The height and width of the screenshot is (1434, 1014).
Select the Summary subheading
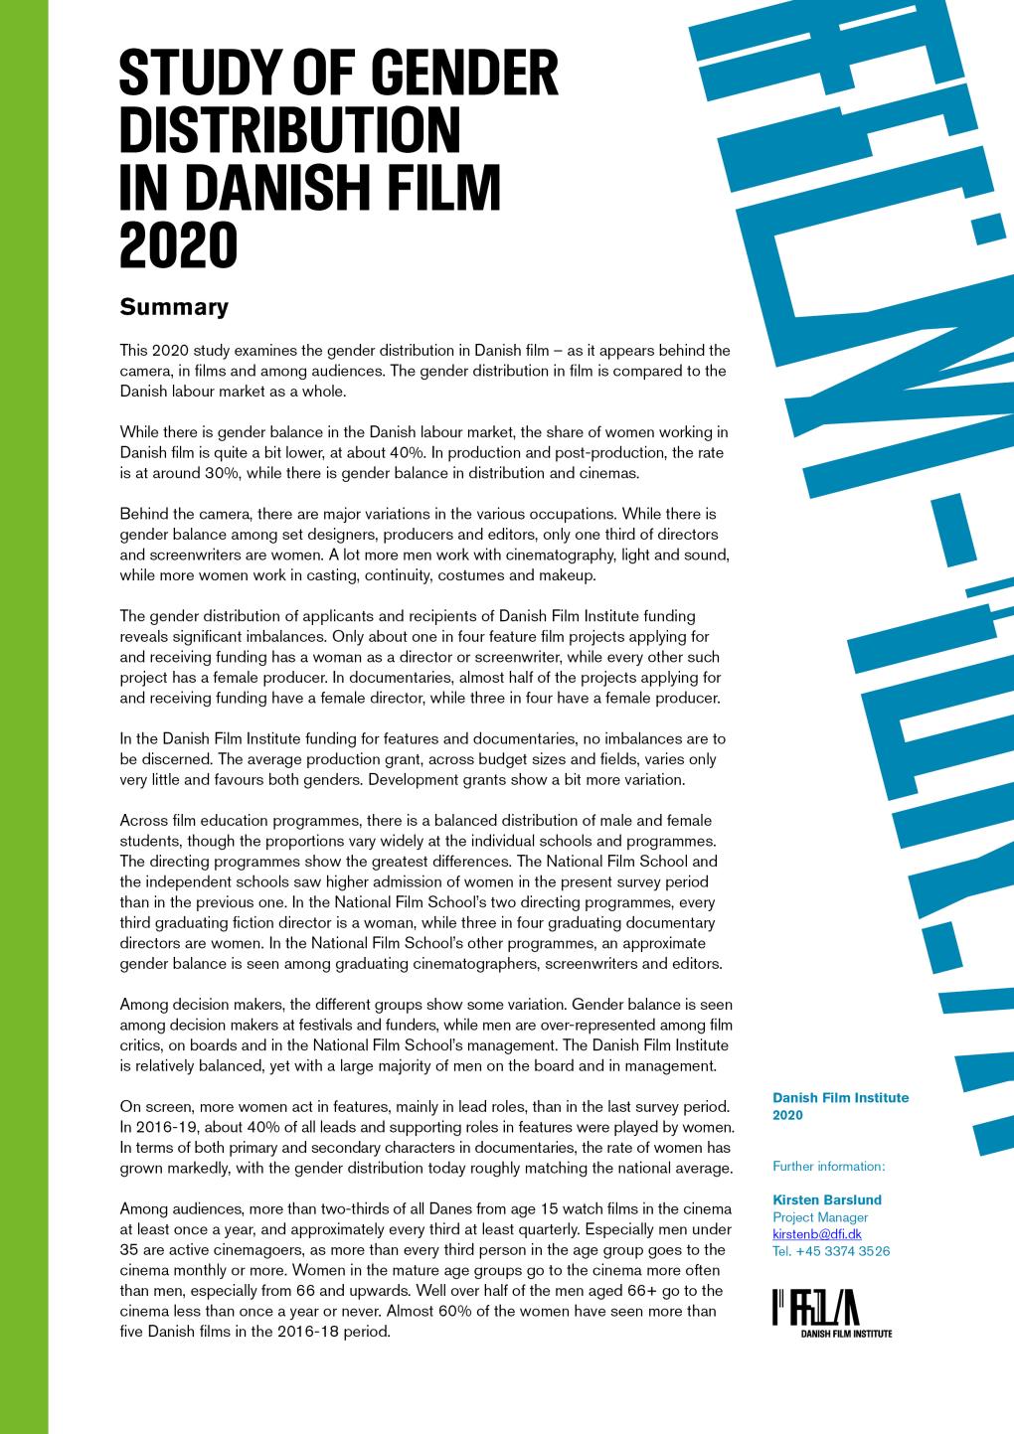[x=174, y=307]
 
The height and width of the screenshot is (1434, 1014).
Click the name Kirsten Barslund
[x=826, y=1199]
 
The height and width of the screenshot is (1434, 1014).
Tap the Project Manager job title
[x=820, y=1217]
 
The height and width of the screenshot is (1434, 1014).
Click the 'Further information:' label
[x=828, y=1166]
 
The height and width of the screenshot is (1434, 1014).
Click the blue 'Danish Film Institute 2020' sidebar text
[x=840, y=1106]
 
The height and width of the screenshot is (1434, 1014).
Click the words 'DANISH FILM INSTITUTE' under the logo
[x=846, y=1334]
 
